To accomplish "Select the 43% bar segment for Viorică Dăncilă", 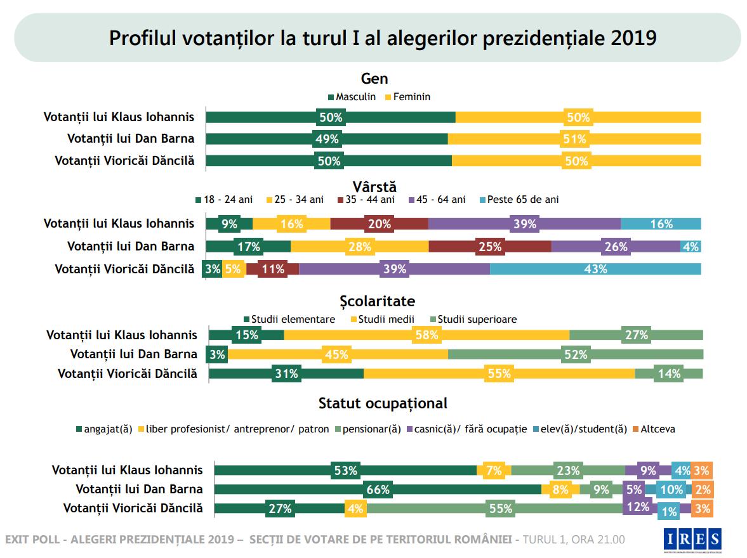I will point(595,269).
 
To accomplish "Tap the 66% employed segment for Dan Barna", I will point(378,489).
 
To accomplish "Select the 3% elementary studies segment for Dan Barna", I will point(218,354).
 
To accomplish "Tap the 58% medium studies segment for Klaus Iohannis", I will point(426,335).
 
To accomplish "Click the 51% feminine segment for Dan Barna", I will point(574,139).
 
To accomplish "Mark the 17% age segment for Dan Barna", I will point(248,246).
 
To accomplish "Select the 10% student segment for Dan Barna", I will point(671,489).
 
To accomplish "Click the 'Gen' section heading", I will point(374,79).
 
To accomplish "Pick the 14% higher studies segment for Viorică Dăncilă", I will point(669,373).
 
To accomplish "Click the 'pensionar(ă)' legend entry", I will point(367,429).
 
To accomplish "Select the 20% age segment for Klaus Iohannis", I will point(379,223).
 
